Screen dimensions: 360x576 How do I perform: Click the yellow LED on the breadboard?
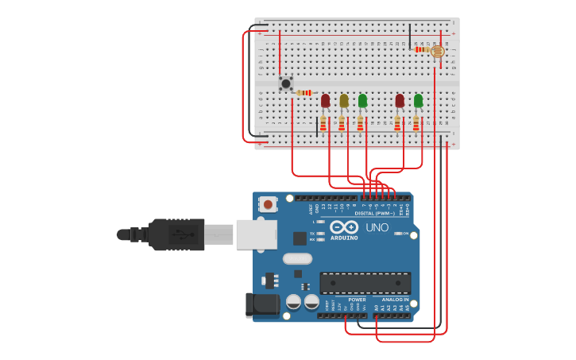[x=344, y=101]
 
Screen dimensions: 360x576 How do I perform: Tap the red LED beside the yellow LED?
[x=326, y=101]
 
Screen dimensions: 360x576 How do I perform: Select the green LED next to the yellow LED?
[x=362, y=101]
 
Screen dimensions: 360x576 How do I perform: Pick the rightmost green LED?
[x=418, y=101]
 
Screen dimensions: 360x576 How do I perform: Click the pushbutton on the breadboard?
[x=286, y=83]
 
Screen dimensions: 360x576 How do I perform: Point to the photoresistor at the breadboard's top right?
[x=437, y=51]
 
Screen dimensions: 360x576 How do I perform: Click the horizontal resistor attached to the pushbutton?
[x=305, y=93]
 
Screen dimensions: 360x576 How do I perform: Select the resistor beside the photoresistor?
[x=421, y=49]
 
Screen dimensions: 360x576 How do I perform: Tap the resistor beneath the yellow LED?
[x=342, y=123]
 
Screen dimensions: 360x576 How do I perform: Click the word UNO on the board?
[x=377, y=227]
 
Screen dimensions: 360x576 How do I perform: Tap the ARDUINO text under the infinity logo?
[x=344, y=238]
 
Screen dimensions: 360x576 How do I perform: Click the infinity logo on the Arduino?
[x=344, y=226]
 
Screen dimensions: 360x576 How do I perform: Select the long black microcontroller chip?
[x=365, y=283]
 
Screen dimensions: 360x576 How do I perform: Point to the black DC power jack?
[x=261, y=304]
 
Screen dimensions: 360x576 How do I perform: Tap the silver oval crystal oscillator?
[x=297, y=258]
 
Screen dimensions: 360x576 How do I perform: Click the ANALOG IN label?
[x=395, y=300]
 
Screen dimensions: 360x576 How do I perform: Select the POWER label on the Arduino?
[x=357, y=300]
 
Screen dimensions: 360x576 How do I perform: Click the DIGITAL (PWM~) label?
[x=376, y=213]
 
